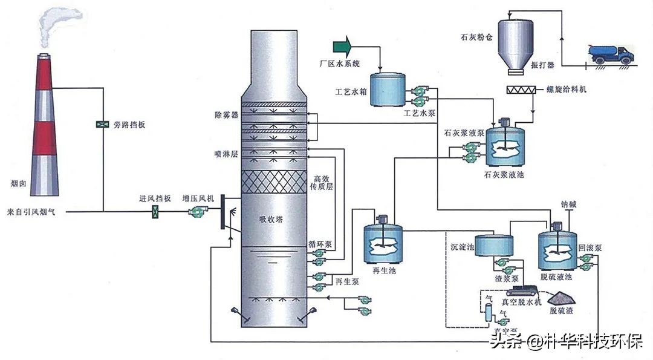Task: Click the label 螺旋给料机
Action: tap(565, 90)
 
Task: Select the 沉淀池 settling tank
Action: tap(494, 245)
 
